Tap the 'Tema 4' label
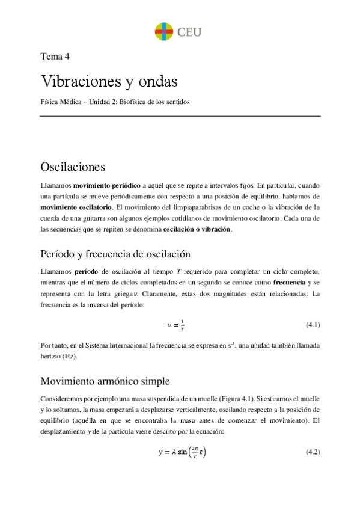[x=55, y=57]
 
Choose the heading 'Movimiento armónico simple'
[x=105, y=381]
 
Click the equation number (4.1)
[x=312, y=325]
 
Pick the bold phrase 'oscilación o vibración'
[x=197, y=229]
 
